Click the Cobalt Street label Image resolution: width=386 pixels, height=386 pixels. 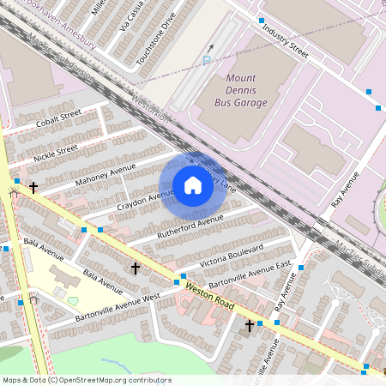pos(58,121)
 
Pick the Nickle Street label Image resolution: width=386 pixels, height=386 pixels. pos(55,154)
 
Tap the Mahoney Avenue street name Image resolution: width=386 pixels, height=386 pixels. pos(106,174)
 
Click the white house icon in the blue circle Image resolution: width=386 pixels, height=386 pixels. pos(193,185)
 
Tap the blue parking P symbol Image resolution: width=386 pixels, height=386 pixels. pos(206,60)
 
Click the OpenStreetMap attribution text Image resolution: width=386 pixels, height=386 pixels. pos(87,379)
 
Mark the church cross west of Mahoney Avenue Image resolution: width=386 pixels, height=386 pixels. pos(33,187)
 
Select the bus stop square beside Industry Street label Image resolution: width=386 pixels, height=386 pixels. pos(261,20)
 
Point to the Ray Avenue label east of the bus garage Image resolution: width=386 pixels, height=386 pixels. pos(345,194)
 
